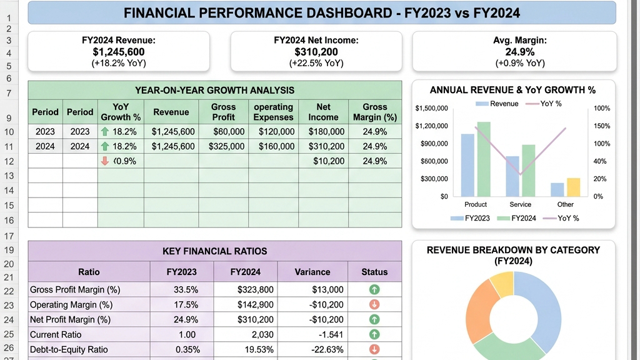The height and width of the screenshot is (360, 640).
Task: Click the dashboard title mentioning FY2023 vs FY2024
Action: pos(322,13)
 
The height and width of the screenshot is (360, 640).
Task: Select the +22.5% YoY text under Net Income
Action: pos(316,63)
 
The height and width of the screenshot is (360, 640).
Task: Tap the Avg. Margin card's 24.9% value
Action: pos(519,52)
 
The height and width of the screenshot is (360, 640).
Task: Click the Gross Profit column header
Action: pos(223,112)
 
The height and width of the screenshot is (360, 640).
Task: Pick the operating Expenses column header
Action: pos(274,112)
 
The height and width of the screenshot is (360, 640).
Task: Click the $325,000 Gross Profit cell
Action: pos(226,146)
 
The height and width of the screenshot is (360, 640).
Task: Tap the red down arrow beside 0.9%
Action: pos(105,161)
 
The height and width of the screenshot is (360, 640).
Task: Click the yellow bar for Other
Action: pos(574,187)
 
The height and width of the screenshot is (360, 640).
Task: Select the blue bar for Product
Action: pos(467,165)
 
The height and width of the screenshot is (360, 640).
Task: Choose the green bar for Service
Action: pos(529,171)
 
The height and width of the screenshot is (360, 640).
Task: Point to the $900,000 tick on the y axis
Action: pos(434,144)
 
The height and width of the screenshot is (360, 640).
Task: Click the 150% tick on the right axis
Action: pos(602,126)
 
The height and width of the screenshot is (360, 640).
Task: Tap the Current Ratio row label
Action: pos(56,335)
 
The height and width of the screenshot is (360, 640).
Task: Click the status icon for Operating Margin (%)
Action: pos(374,304)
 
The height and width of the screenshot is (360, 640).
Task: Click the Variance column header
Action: pos(312,272)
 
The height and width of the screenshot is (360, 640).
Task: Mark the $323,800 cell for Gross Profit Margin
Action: pos(256,290)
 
